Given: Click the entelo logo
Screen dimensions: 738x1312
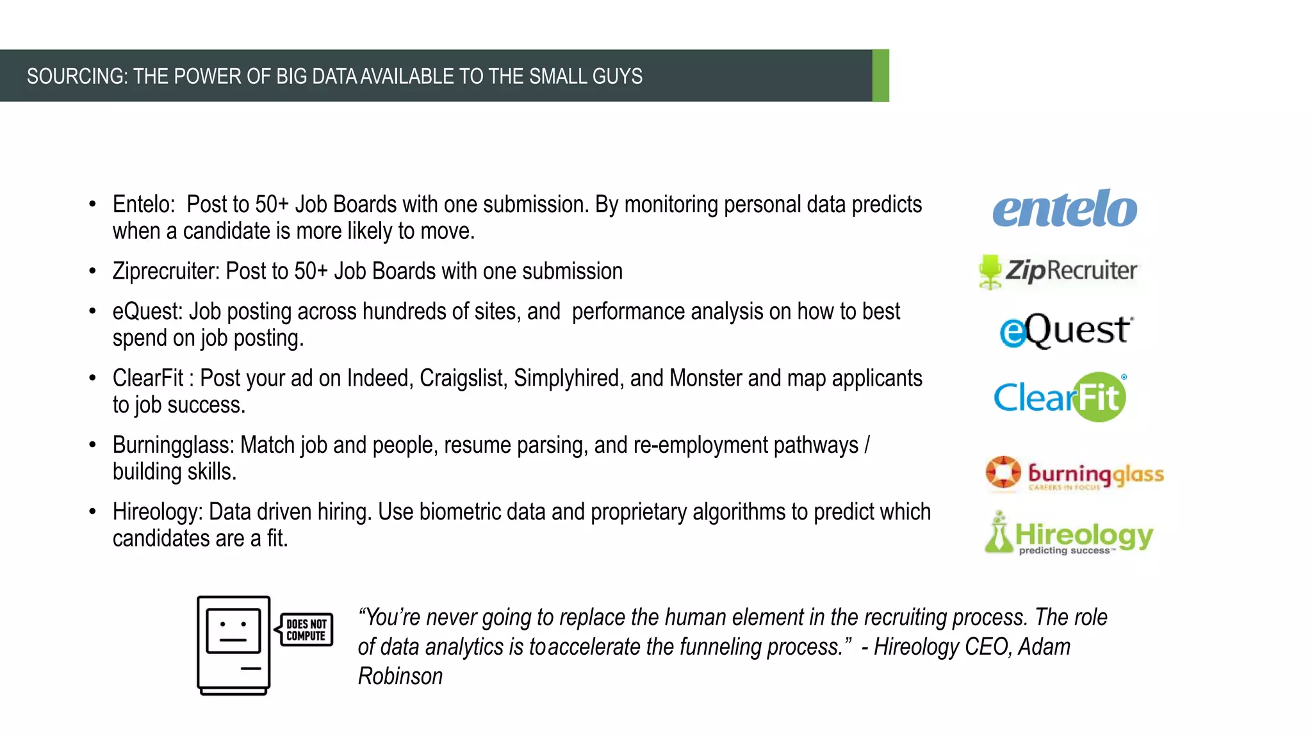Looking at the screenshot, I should pos(1065,209).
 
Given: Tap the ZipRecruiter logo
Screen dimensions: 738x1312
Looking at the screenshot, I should pos(1058,271).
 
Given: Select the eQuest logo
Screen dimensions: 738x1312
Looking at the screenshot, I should pos(1066,331).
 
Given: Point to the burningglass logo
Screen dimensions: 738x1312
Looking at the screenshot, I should pos(1074,474).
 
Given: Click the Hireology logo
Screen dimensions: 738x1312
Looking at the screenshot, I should pos(1069,534).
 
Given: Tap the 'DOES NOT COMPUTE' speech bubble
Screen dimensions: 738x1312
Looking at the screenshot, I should pos(306,630).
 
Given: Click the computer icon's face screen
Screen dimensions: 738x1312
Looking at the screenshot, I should pos(233,631).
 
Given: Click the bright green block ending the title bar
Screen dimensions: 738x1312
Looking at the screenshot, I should pos(881,76).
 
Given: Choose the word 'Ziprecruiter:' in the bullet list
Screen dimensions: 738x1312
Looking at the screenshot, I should pos(166,271).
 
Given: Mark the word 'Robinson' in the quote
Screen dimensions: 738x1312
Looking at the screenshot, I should pos(400,676).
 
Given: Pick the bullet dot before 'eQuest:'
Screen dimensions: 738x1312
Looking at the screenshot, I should pos(93,311).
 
